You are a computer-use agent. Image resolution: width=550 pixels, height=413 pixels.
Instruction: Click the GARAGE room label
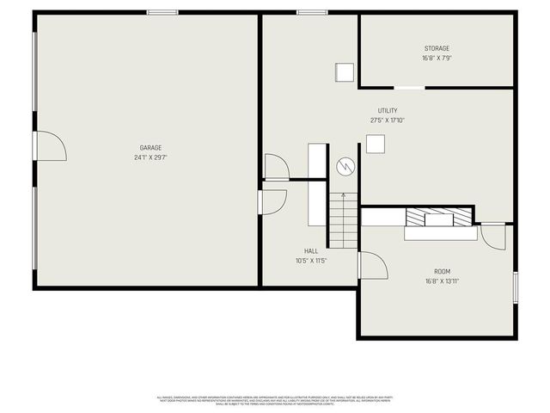(x=151, y=147)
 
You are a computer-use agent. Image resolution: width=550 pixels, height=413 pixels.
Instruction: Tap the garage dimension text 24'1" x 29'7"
(x=151, y=157)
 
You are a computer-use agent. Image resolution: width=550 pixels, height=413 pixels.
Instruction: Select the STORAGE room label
(x=437, y=48)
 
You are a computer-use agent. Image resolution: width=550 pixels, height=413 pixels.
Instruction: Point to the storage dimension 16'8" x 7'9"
(x=437, y=59)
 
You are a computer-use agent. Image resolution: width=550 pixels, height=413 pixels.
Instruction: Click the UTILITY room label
(x=388, y=110)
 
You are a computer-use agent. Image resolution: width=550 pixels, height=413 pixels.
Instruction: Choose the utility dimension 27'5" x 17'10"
(x=388, y=120)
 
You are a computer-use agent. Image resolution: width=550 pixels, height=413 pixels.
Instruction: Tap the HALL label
(x=311, y=251)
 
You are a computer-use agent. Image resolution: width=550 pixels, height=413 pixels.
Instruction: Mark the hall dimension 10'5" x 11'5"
(x=311, y=261)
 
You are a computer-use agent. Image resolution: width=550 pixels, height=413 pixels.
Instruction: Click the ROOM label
(x=442, y=271)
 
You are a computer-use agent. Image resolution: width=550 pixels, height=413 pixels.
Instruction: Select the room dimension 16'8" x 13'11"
(x=442, y=281)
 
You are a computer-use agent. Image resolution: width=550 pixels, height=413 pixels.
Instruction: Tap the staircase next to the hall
(x=342, y=219)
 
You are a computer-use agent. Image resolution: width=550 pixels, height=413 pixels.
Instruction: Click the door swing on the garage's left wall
(x=50, y=146)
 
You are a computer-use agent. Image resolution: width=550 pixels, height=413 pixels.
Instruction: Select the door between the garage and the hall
(x=273, y=201)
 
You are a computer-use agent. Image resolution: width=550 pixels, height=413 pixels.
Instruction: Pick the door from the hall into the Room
(x=372, y=265)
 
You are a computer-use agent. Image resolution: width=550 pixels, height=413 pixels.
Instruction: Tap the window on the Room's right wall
(x=515, y=287)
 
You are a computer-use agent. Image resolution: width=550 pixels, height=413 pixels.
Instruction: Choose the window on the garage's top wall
(x=162, y=12)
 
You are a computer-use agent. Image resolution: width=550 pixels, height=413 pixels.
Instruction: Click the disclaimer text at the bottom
(x=274, y=400)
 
